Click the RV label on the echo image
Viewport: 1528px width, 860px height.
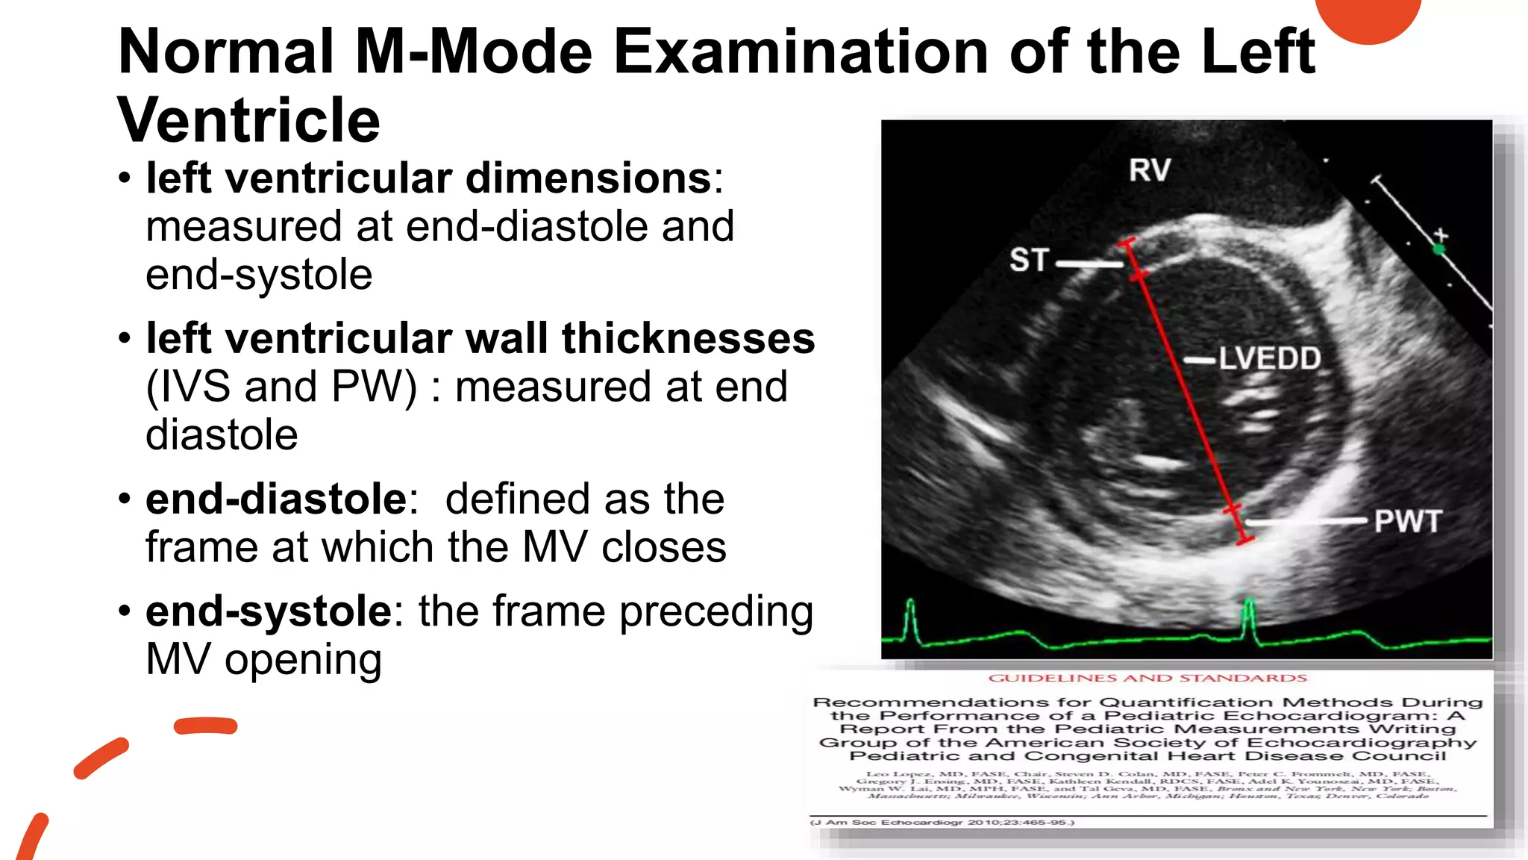pyautogui.click(x=1149, y=170)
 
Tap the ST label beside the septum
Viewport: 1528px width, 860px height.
pyautogui.click(x=1029, y=260)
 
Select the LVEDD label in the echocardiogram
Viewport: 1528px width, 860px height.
pyautogui.click(x=1270, y=359)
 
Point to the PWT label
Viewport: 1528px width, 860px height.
pyautogui.click(x=1407, y=521)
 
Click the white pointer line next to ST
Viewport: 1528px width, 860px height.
pyautogui.click(x=1089, y=264)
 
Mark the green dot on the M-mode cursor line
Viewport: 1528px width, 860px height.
pyautogui.click(x=1438, y=249)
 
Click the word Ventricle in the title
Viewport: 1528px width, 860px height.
pyautogui.click(x=248, y=120)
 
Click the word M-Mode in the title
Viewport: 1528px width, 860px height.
pyautogui.click(x=473, y=52)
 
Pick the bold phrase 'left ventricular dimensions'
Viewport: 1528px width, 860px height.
pyautogui.click(x=429, y=178)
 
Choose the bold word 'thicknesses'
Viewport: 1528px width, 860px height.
pyautogui.click(x=688, y=338)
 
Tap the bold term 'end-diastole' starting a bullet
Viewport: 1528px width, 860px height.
pyautogui.click(x=276, y=499)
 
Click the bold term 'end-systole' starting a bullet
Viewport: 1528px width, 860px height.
pyautogui.click(x=269, y=611)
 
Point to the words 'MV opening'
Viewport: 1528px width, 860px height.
pyautogui.click(x=263, y=660)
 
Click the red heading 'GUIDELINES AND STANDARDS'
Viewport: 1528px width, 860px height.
pyautogui.click(x=1147, y=678)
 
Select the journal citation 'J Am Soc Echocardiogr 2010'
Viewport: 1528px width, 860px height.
pyautogui.click(x=942, y=822)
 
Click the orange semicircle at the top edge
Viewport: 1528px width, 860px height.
pyautogui.click(x=1368, y=16)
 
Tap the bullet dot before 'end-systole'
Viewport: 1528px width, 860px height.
pyautogui.click(x=125, y=611)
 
